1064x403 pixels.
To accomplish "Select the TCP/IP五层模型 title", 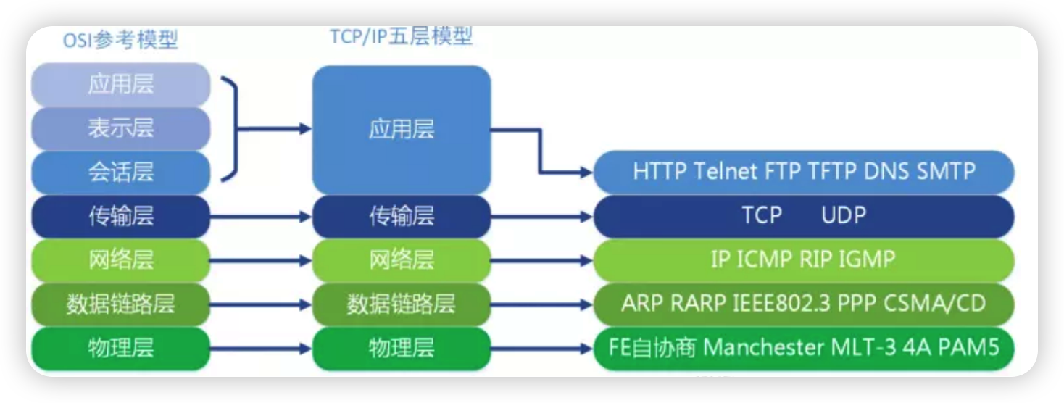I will pos(401,37).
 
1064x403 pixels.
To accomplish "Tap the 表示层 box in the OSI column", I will pos(120,129).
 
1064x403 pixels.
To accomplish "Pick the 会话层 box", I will pos(120,173).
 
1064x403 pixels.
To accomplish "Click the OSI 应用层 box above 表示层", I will pos(120,85).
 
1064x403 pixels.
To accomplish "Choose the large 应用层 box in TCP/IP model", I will pos(401,130).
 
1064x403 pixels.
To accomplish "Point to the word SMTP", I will pos(947,172).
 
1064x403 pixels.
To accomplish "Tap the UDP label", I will pos(844,215).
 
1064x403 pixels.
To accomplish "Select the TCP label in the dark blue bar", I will pos(762,215).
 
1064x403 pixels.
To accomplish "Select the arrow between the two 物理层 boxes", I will pos(261,348).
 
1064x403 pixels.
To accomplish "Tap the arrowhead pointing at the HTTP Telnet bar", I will pos(586,173).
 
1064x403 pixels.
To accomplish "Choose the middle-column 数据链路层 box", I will pos(401,304).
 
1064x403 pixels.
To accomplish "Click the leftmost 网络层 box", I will pos(120,259).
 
